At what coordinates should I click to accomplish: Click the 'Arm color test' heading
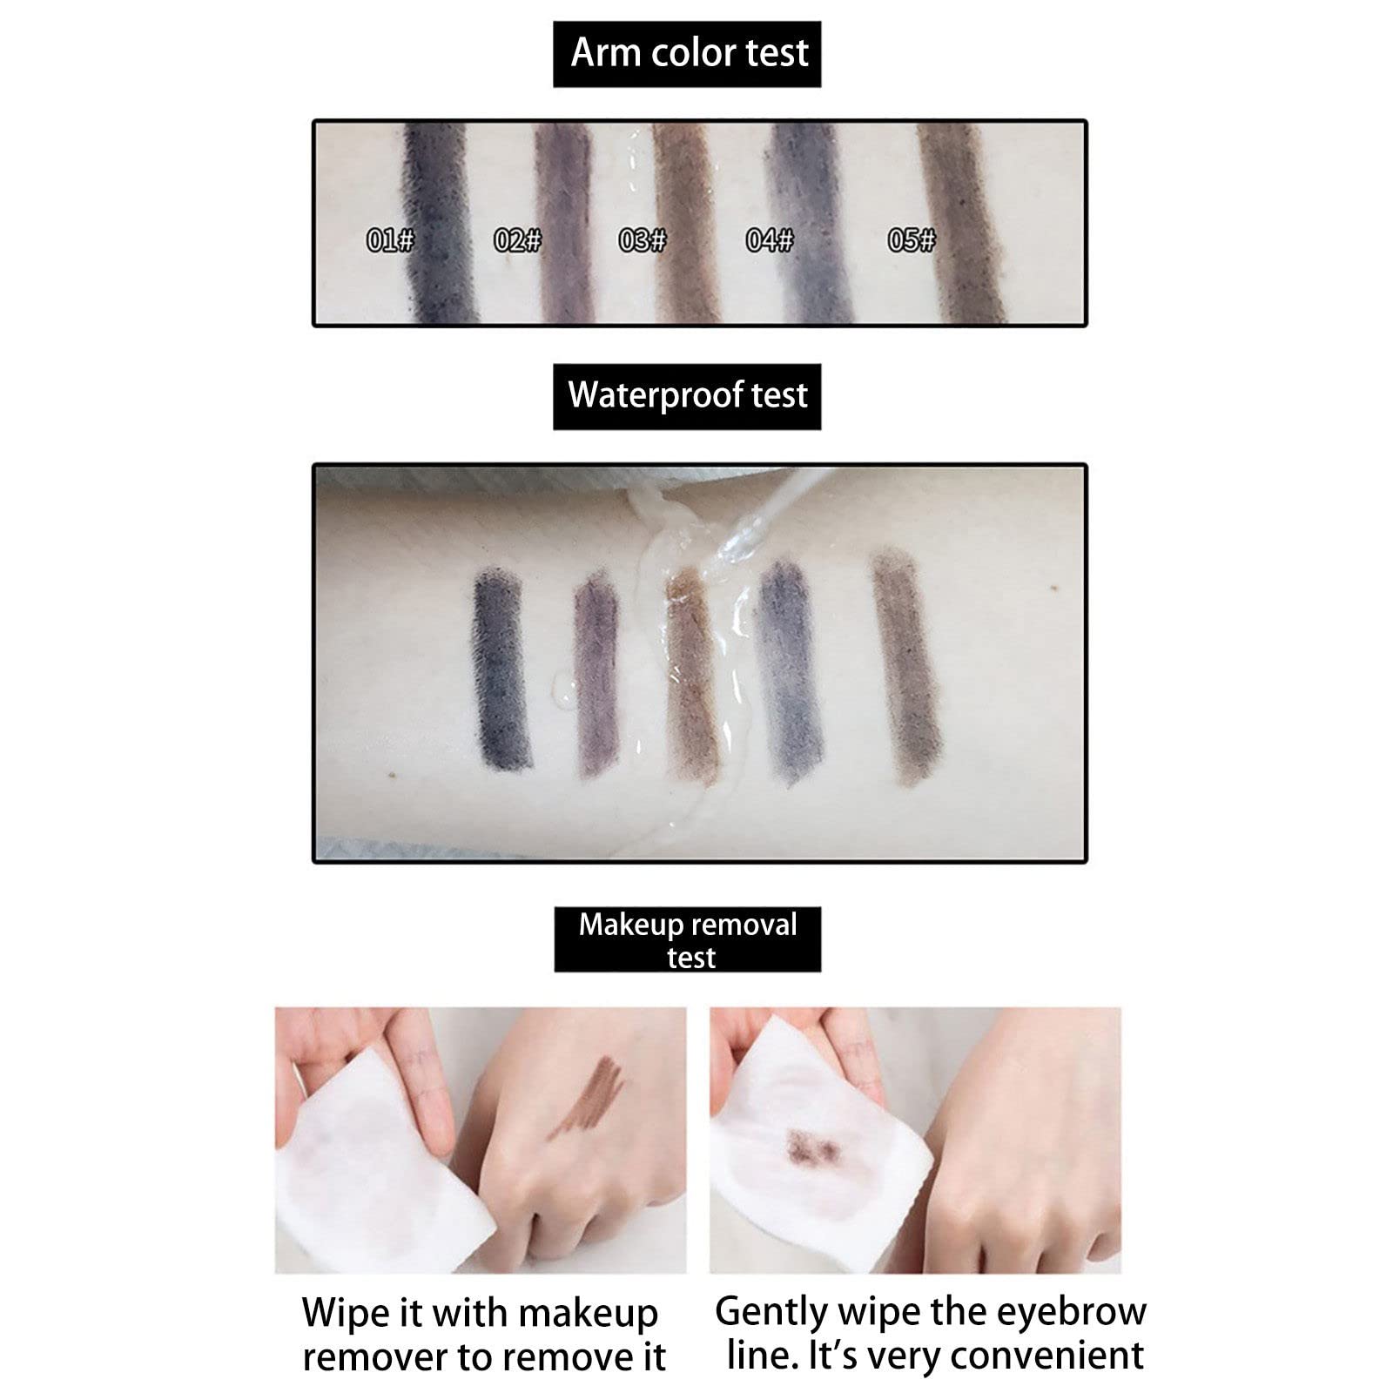coord(689,53)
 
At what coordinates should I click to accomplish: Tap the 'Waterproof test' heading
coord(688,394)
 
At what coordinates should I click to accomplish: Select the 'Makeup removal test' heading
coord(688,940)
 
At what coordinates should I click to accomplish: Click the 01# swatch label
coord(390,239)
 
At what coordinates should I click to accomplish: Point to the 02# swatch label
coord(517,239)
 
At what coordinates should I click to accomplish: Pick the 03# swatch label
coord(643,239)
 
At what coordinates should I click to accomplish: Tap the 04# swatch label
coord(770,239)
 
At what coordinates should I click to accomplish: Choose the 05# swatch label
coord(912,239)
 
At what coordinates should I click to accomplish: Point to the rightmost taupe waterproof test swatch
coord(906,665)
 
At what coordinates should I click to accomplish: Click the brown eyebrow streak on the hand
coord(589,1098)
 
